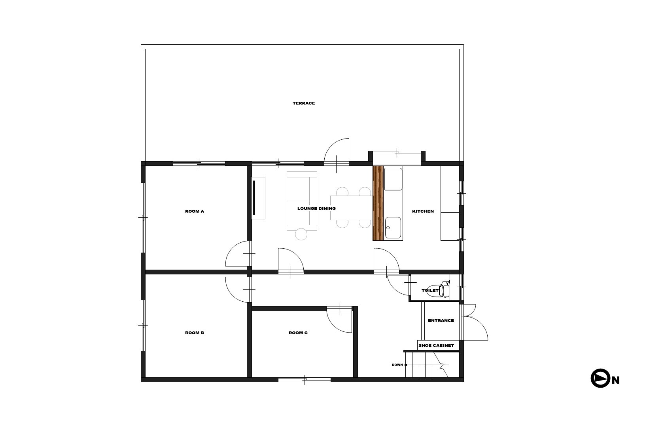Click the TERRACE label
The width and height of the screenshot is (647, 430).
[x=304, y=103]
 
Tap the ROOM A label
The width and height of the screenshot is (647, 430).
[x=195, y=211]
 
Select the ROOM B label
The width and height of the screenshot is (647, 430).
[x=195, y=333]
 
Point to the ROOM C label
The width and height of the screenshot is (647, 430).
[x=298, y=333]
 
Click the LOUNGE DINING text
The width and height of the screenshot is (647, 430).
[x=316, y=209]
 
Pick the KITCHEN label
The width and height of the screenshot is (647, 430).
[x=423, y=211]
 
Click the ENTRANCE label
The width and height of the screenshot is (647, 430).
[x=441, y=320]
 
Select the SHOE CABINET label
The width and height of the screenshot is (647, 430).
[x=436, y=345]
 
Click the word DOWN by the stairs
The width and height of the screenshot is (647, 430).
[x=397, y=365]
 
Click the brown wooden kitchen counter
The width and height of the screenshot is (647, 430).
[x=378, y=203]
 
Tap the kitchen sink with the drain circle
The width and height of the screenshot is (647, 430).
[x=393, y=228]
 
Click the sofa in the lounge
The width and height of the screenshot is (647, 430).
[x=302, y=201]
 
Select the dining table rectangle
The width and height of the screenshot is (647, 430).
[x=352, y=208]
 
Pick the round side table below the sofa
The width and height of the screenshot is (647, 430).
[x=301, y=234]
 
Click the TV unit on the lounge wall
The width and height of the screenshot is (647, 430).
[x=259, y=198]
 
